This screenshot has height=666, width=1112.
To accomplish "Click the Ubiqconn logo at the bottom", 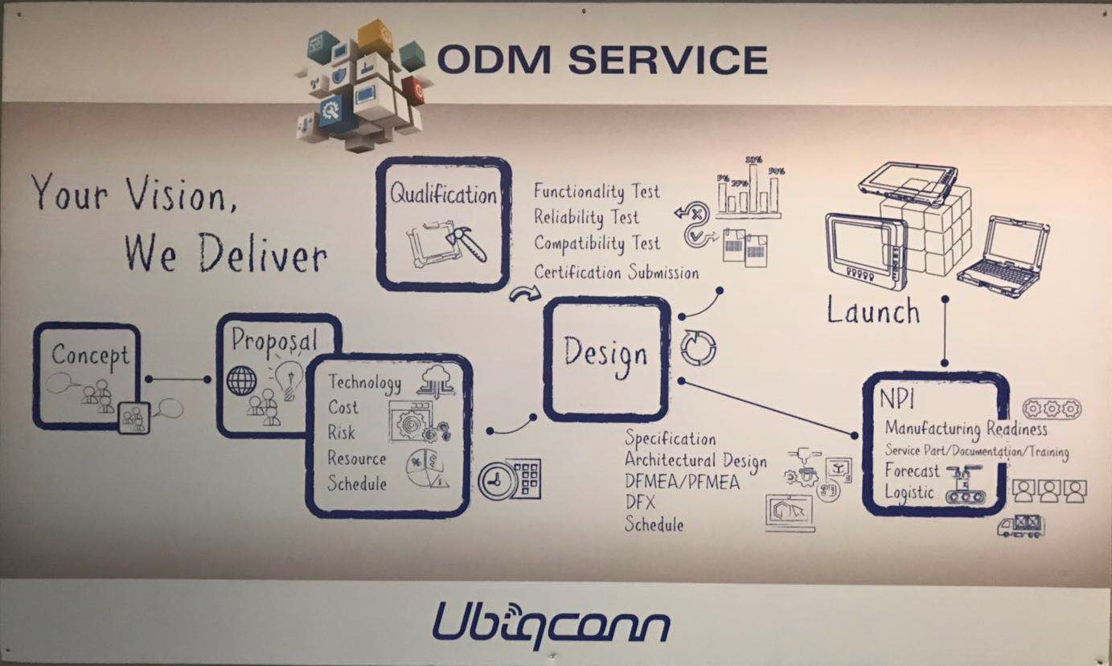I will pyautogui.click(x=551, y=624).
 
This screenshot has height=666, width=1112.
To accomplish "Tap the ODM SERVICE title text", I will pyautogui.click(x=601, y=60).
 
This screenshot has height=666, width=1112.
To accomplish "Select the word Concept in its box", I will pyautogui.click(x=90, y=355).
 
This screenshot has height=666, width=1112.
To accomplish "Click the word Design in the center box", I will pyautogui.click(x=605, y=353).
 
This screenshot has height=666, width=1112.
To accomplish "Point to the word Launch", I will pyautogui.click(x=873, y=311).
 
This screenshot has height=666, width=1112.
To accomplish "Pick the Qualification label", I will pyautogui.click(x=443, y=194).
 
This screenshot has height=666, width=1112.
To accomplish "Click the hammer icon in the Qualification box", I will pyautogui.click(x=466, y=242).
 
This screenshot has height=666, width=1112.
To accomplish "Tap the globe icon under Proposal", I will pyautogui.click(x=241, y=380).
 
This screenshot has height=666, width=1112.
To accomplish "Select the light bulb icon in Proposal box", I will pyautogui.click(x=287, y=374).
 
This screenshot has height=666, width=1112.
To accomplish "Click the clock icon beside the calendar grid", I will pyautogui.click(x=496, y=481).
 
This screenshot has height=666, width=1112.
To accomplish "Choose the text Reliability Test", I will pyautogui.click(x=587, y=217).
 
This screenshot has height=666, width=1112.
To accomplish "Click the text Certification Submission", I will pyautogui.click(x=616, y=272).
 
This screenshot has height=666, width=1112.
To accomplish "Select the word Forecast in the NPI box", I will pyautogui.click(x=912, y=471).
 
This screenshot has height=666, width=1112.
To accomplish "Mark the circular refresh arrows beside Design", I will pyautogui.click(x=697, y=347).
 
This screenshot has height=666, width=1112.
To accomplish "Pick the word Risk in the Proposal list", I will pyautogui.click(x=341, y=433).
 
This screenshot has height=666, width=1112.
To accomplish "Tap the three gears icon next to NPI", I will pyautogui.click(x=1051, y=409).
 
